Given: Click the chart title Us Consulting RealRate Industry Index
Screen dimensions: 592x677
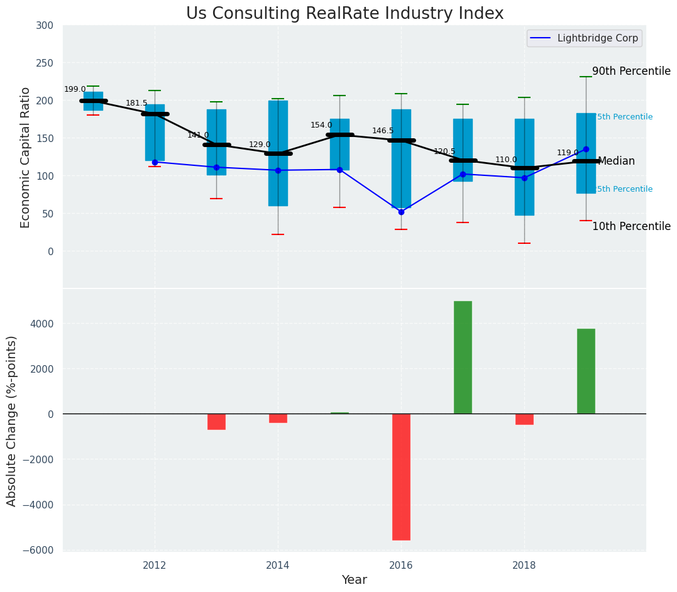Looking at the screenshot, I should [344, 14].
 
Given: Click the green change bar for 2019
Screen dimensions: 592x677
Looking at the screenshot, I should [586, 371].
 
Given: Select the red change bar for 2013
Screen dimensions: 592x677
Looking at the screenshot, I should [216, 422].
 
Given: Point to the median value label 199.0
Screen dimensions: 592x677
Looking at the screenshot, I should [75, 90].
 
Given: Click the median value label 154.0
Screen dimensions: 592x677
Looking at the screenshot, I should [321, 126].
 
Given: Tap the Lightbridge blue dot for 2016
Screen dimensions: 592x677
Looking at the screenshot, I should [401, 212].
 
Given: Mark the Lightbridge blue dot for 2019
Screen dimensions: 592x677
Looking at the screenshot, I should [586, 149].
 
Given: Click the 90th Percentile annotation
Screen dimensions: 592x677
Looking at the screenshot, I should [631, 72].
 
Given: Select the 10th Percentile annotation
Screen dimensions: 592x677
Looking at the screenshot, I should [631, 227].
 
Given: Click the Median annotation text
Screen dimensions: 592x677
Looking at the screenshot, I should [616, 162].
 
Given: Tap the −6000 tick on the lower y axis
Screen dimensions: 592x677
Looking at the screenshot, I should [41, 550].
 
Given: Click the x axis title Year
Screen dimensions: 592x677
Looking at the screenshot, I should [354, 580].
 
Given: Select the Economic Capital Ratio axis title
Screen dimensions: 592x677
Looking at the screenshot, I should [26, 157].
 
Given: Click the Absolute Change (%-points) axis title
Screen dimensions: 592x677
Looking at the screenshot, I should [12, 420].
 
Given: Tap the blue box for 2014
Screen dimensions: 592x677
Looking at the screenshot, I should [278, 153].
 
